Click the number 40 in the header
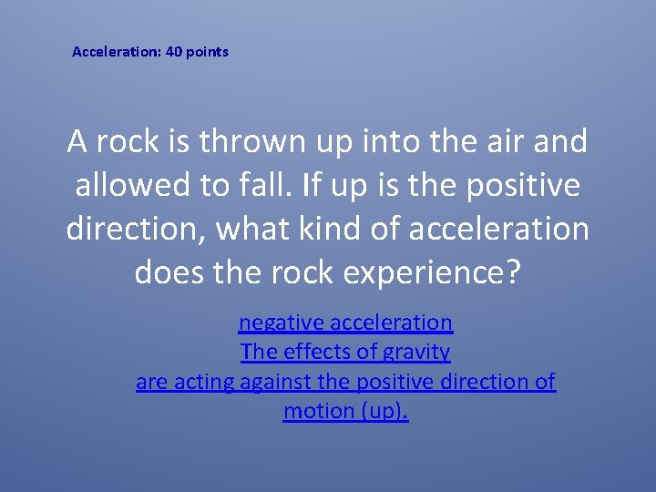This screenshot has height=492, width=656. [173, 52]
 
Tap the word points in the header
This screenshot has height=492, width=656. [207, 52]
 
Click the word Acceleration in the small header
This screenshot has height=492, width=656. [116, 52]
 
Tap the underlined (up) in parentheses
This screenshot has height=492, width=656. [384, 412]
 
